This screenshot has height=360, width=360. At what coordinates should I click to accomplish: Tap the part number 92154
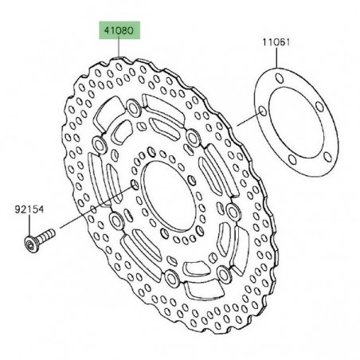tap(27, 211)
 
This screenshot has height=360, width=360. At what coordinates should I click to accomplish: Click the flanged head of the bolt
tap(30, 240)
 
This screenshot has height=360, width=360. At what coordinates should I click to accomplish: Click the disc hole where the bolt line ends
tap(133, 186)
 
